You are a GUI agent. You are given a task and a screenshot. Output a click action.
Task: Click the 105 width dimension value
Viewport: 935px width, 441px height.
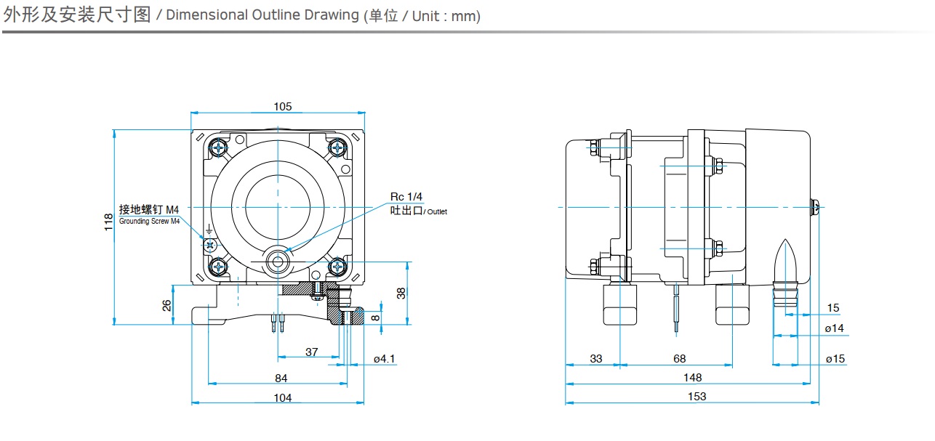[x=283, y=107]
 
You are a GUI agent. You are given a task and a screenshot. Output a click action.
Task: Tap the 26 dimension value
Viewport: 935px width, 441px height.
[x=166, y=305]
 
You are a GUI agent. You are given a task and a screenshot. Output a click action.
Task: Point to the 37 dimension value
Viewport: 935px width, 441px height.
[x=311, y=352]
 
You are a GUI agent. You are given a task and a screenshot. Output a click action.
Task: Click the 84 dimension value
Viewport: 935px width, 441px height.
[x=281, y=378]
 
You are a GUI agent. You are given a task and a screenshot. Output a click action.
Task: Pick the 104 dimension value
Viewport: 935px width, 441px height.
[x=283, y=397]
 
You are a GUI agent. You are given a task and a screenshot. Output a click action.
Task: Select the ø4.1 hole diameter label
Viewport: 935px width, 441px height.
[x=385, y=359]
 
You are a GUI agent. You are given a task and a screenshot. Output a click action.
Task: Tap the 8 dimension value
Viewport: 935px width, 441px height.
[x=375, y=317]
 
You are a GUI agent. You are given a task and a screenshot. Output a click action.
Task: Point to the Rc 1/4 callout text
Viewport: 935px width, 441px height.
[x=406, y=197]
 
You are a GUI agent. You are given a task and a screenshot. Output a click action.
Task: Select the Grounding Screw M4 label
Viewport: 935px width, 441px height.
[x=149, y=221]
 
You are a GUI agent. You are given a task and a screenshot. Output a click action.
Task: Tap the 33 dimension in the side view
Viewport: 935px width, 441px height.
[x=596, y=358]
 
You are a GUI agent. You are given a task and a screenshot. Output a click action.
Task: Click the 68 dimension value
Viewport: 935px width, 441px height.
[x=679, y=358]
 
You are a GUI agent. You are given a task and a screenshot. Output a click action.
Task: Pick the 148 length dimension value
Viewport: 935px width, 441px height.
[x=693, y=377]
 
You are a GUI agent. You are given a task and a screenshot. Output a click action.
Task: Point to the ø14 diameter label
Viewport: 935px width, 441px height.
[x=835, y=328]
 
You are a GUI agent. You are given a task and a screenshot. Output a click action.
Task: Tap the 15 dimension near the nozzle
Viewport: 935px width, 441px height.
[x=833, y=308]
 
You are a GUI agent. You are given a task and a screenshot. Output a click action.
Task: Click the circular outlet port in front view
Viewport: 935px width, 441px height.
[x=276, y=262]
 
